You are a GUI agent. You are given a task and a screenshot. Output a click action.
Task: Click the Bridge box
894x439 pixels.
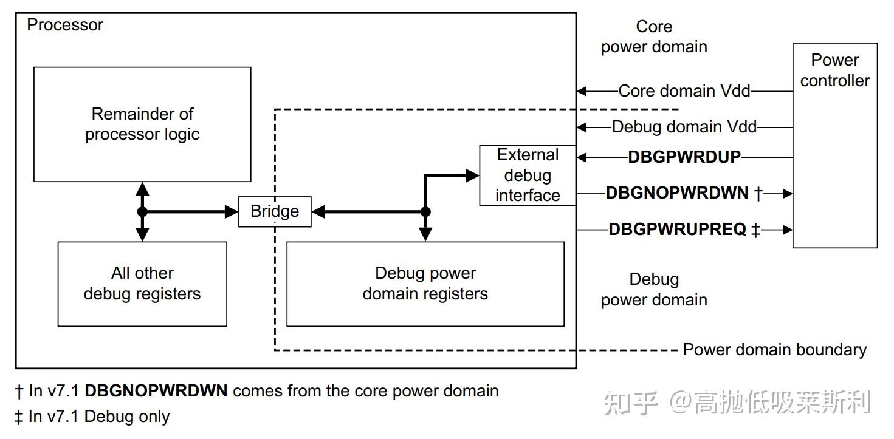pos(275,211)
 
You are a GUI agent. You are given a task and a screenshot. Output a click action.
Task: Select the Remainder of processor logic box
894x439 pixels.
pos(142,124)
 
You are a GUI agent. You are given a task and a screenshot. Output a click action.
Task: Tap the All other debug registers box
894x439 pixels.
pos(142,284)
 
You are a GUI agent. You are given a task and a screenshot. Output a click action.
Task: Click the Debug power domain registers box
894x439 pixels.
pos(425,284)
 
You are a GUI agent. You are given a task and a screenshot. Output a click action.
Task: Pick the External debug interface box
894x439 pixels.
pos(528,175)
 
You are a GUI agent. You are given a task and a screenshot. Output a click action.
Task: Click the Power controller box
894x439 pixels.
pos(834,145)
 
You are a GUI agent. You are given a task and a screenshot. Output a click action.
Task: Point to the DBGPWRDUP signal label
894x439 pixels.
pos(684,157)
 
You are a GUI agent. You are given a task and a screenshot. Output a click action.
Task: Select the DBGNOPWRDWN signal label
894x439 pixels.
pos(677,193)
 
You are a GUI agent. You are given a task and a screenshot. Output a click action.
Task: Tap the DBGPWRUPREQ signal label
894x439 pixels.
pos(677,230)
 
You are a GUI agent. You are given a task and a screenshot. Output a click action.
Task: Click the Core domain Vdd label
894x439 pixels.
pos(684,91)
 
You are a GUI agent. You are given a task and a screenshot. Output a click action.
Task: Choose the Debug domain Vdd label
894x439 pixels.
pos(684,127)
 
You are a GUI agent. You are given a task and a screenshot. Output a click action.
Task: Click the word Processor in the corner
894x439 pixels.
pos(65,25)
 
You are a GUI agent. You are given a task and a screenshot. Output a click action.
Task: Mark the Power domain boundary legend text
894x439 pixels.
pos(774,350)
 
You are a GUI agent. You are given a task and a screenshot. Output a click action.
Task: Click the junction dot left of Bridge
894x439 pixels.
pos(142,212)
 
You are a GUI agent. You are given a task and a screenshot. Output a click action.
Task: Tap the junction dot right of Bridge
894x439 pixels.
pos(425,212)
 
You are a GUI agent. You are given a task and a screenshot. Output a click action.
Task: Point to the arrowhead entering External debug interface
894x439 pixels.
pos(473,175)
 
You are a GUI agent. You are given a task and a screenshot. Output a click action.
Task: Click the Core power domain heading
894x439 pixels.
pos(654,36)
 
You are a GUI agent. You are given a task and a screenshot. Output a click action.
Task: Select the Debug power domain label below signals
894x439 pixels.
pos(654,290)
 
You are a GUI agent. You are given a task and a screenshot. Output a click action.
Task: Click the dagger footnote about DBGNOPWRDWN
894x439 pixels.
pos(256,391)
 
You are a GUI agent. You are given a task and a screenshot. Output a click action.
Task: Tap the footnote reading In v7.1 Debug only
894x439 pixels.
pos(92,417)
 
